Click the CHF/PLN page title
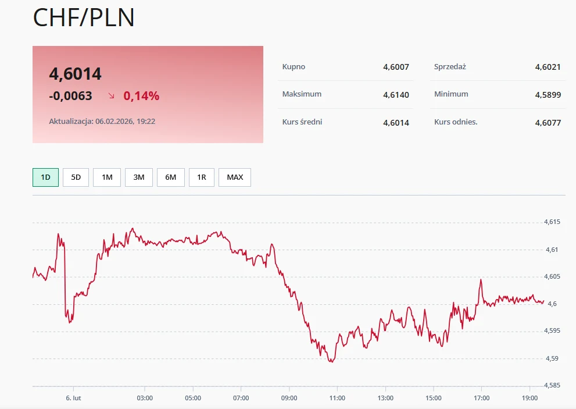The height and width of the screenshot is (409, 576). click(x=84, y=17)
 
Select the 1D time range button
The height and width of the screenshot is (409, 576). click(x=45, y=177)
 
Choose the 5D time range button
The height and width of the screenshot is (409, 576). click(x=76, y=177)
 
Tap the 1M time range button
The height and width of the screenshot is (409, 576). click(x=107, y=177)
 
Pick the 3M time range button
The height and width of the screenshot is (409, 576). click(x=139, y=177)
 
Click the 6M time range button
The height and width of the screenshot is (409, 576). click(x=171, y=177)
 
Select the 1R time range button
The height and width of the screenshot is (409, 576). click(x=202, y=177)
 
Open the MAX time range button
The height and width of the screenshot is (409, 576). click(x=235, y=177)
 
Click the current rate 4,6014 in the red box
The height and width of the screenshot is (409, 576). click(x=76, y=74)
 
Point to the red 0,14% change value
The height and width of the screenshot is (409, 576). click(x=141, y=96)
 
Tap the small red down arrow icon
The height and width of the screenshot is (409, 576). click(x=112, y=95)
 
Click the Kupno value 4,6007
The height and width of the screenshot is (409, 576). click(x=396, y=67)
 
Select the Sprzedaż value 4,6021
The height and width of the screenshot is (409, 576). click(x=548, y=67)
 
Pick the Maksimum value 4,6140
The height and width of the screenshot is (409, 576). click(x=396, y=94)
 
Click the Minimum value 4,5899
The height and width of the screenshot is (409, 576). click(x=548, y=94)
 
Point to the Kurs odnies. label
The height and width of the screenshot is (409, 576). click(x=456, y=122)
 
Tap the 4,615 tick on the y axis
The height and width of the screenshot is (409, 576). click(x=552, y=222)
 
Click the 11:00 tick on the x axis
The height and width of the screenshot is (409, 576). click(x=337, y=398)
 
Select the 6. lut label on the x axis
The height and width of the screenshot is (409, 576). click(x=73, y=398)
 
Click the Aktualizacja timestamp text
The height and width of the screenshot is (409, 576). click(x=102, y=122)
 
